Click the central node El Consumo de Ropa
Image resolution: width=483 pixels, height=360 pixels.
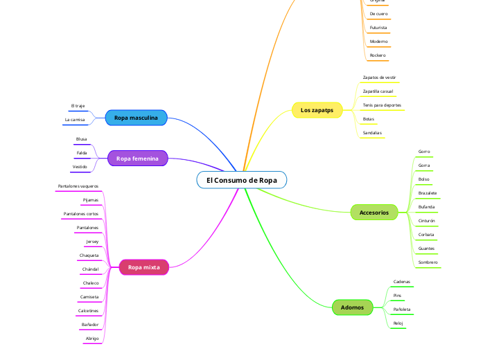(241, 180)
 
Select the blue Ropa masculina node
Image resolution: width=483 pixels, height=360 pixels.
(137, 118)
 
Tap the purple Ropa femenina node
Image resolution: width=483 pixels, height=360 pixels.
(137, 159)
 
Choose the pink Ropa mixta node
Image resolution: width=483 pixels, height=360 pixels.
(144, 267)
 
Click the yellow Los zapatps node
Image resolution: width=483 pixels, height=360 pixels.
(317, 110)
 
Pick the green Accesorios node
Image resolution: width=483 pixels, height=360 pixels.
(374, 213)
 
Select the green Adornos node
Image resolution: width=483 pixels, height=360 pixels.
(353, 307)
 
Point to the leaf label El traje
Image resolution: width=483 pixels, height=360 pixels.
(78, 106)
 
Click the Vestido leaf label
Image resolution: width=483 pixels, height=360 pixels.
(80, 167)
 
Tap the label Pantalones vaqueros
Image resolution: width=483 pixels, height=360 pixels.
(78, 186)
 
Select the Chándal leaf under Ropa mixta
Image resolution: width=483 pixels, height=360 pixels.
(90, 269)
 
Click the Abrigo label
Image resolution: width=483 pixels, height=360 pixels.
(92, 339)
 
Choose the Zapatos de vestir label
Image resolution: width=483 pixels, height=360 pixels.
(379, 78)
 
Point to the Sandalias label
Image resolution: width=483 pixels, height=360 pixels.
(372, 132)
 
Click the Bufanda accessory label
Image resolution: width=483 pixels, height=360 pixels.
(427, 207)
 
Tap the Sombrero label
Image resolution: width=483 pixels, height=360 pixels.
(428, 262)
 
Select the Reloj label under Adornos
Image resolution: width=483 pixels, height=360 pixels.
(398, 323)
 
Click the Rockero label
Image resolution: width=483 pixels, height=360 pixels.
(378, 55)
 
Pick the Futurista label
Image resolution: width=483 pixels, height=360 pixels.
(378, 28)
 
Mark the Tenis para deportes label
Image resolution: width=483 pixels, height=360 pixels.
(382, 105)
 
